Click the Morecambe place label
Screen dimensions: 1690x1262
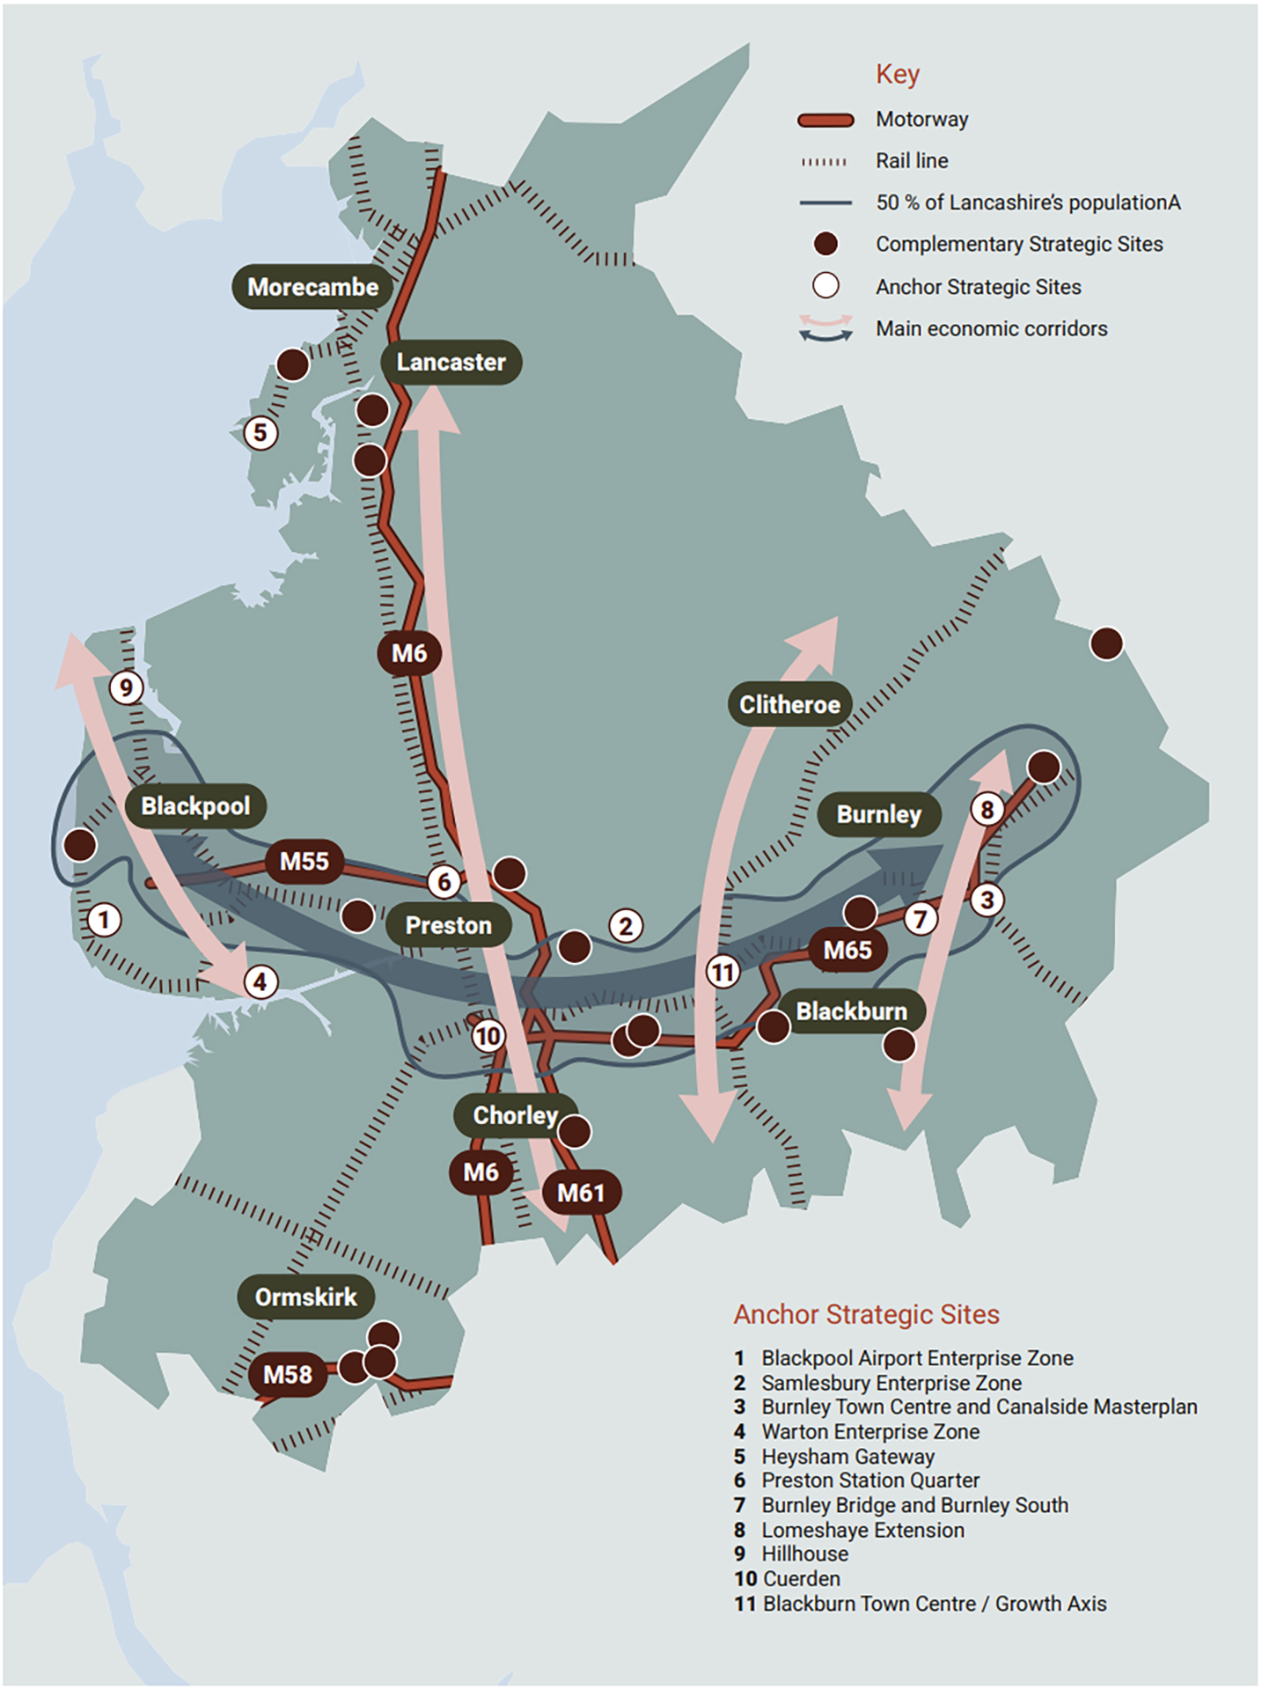tap(312, 287)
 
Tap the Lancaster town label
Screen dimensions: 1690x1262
tap(451, 362)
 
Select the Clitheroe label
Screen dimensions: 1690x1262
tap(789, 704)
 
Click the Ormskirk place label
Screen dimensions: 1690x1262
tap(305, 1297)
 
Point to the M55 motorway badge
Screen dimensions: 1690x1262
tap(304, 861)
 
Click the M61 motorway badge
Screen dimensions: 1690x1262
tap(580, 1193)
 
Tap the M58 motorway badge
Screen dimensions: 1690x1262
tap(288, 1374)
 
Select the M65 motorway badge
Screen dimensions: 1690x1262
tap(847, 950)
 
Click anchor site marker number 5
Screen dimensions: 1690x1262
tap(260, 433)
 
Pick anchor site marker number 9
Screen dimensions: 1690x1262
tap(127, 687)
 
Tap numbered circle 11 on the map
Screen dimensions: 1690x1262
tap(723, 973)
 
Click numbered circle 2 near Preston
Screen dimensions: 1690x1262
tap(626, 926)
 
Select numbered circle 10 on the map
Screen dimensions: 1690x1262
tap(488, 1036)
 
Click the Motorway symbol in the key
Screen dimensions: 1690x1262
tap(825, 121)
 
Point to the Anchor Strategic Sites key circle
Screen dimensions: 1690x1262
tap(825, 286)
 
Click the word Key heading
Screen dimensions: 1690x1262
tap(897, 74)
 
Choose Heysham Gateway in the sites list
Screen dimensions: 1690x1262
tap(847, 1457)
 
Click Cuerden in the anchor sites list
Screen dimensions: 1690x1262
tap(800, 1579)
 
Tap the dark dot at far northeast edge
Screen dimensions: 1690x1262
tap(1106, 643)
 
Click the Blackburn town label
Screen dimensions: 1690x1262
tap(851, 1011)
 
